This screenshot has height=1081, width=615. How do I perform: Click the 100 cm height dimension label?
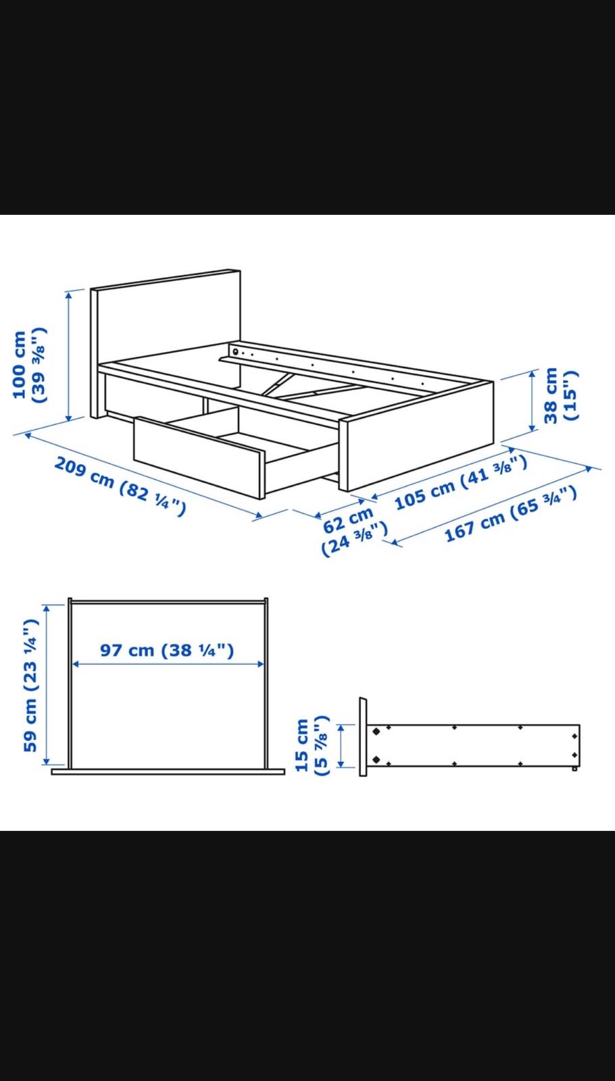click(30, 365)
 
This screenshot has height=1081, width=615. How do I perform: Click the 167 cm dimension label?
click(510, 514)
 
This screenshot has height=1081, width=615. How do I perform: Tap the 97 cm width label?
click(167, 650)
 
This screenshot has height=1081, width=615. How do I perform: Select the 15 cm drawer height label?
click(312, 745)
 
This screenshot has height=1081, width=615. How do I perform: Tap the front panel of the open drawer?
click(197, 456)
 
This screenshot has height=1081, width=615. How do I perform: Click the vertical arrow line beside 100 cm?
click(68, 356)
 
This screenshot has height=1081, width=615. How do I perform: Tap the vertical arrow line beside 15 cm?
click(341, 746)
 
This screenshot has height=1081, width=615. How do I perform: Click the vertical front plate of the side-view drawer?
click(363, 736)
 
